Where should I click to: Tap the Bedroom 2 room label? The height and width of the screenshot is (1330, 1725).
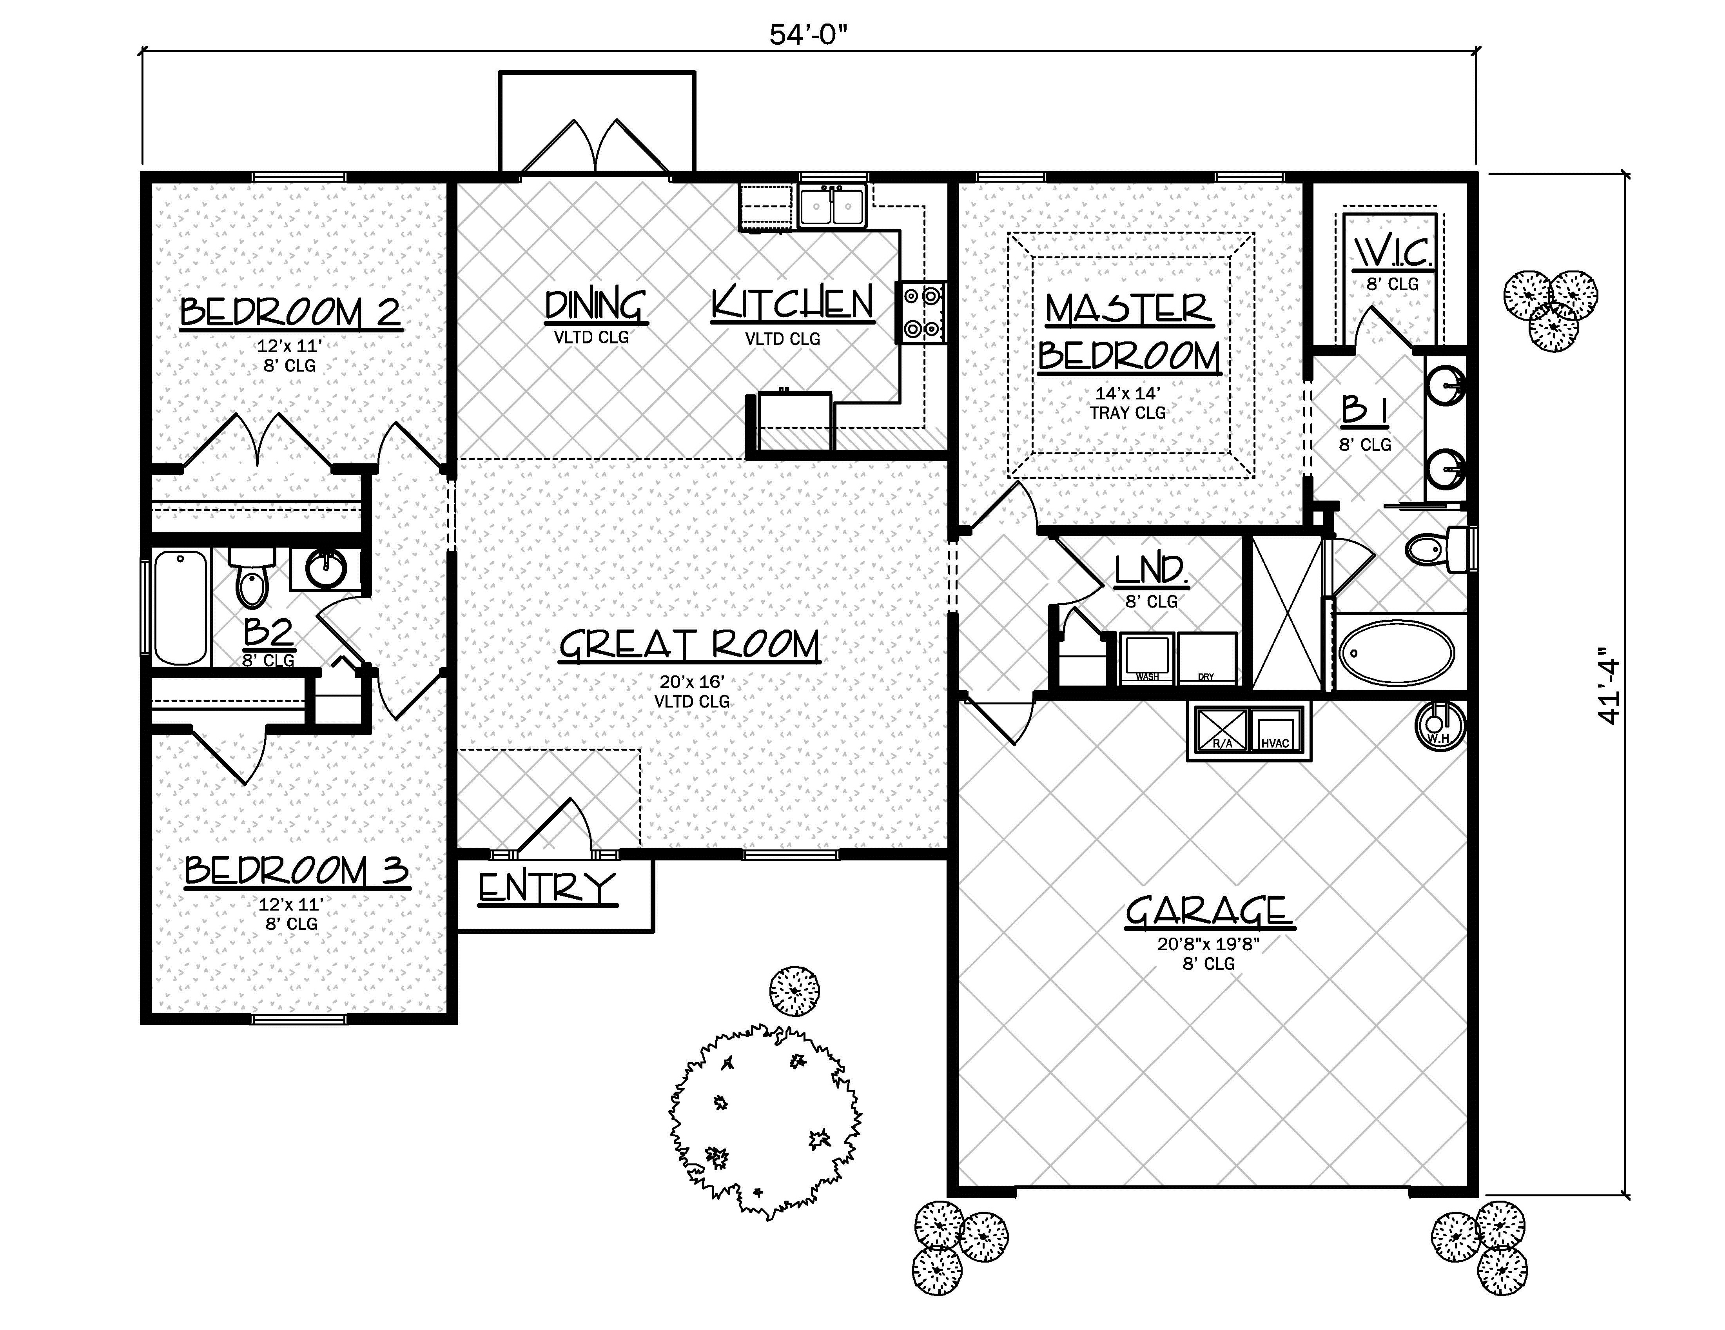(291, 312)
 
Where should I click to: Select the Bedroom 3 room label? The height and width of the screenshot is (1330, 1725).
(297, 871)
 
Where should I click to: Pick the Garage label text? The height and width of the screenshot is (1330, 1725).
(1208, 912)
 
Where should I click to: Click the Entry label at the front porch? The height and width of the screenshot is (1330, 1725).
(546, 888)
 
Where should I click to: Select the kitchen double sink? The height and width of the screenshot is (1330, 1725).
(833, 207)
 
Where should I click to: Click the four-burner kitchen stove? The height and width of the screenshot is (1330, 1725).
(921, 313)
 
